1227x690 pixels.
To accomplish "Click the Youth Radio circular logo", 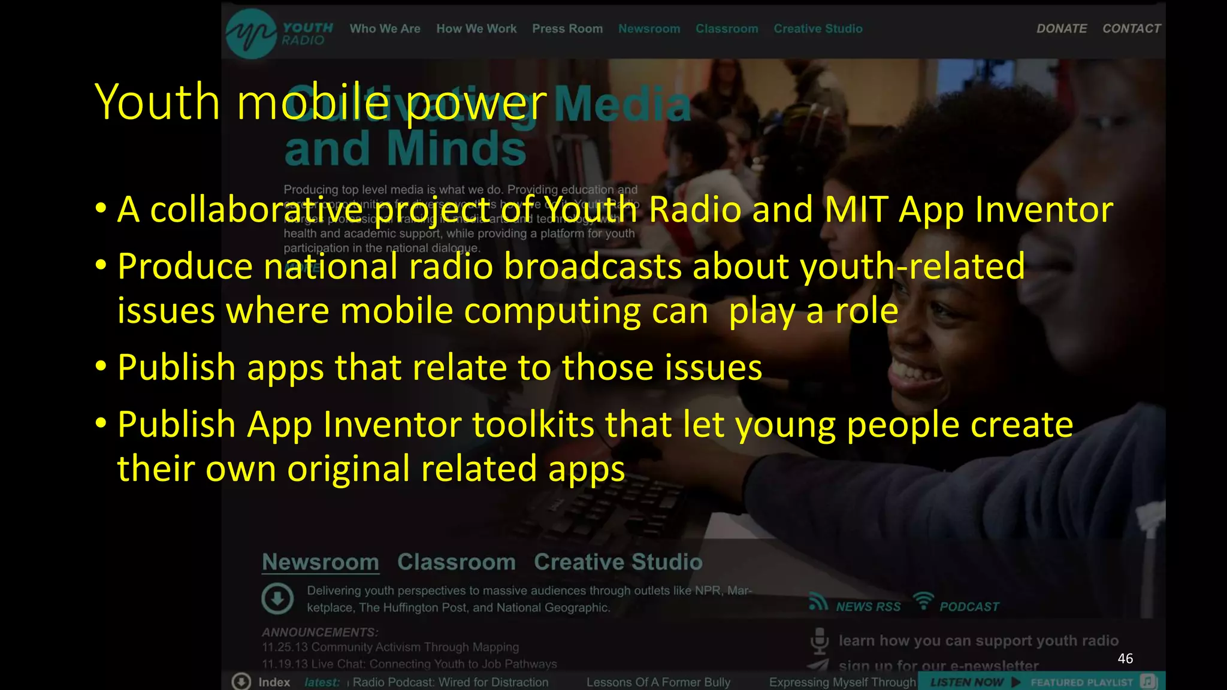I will point(251,34).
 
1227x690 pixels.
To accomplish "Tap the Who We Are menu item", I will point(385,29).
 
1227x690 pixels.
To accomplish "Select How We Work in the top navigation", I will point(476,29).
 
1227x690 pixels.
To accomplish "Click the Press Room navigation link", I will point(567,29).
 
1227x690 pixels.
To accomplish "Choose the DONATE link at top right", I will point(1061,29).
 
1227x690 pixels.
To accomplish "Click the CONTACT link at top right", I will point(1131,29).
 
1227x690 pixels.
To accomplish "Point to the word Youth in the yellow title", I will point(158,102).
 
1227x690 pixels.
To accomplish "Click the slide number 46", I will point(1125,659).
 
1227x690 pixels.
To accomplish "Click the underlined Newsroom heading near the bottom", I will point(321,562).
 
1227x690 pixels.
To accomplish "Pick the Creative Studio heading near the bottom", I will point(618,562).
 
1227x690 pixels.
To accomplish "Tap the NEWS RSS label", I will point(868,607).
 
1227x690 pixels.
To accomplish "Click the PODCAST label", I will point(969,607).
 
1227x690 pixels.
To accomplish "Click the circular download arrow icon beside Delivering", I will point(277,598).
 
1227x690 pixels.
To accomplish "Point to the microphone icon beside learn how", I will point(820,641).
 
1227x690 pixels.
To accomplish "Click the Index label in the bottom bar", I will point(274,682).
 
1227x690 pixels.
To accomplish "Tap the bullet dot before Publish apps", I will point(101,365).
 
